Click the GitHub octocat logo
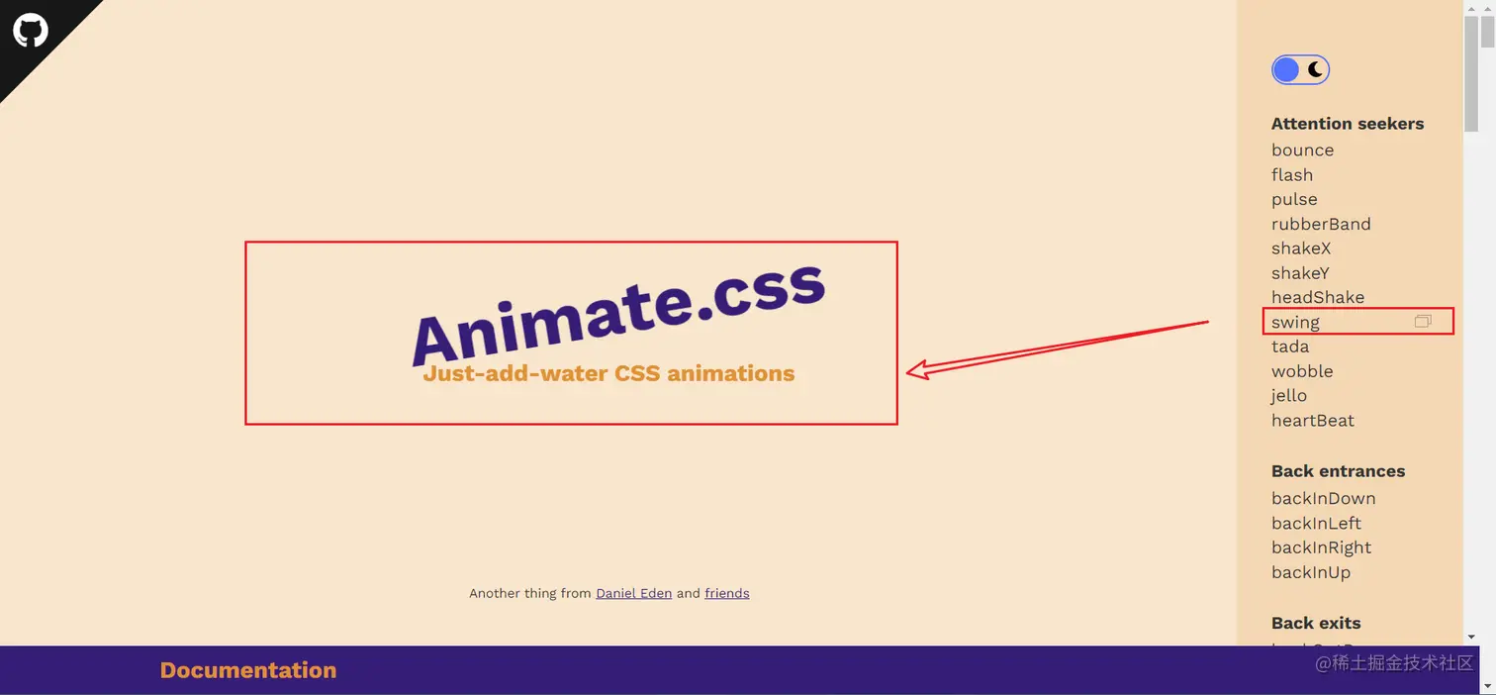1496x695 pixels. click(x=30, y=30)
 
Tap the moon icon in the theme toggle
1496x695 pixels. click(x=1315, y=69)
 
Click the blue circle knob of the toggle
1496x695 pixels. click(x=1285, y=69)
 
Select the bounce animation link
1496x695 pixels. click(x=1302, y=150)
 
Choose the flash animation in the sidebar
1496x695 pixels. click(x=1291, y=175)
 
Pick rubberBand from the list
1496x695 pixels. click(x=1320, y=224)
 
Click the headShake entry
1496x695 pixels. click(x=1318, y=297)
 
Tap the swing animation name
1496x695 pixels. click(x=1295, y=323)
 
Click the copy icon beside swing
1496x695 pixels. click(x=1423, y=322)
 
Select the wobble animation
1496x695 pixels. click(x=1302, y=371)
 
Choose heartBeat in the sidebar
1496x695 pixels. click(x=1312, y=421)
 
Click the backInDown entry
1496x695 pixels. click(x=1323, y=499)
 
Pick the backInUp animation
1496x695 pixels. click(x=1310, y=572)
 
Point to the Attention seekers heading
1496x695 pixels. click(x=1347, y=124)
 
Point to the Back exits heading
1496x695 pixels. click(x=1316, y=623)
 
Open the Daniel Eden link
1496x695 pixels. click(x=634, y=593)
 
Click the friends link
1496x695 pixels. click(x=726, y=593)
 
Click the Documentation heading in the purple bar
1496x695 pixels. click(x=247, y=670)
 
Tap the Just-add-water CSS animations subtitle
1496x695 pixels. click(x=608, y=373)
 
